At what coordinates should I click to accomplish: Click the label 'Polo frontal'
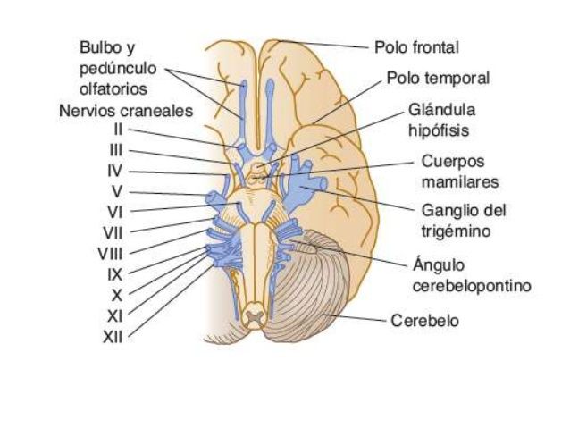click(x=416, y=47)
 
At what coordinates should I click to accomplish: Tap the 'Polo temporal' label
click(x=438, y=78)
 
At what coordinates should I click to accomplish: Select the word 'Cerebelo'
click(x=424, y=321)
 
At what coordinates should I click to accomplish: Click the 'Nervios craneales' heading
click(x=126, y=111)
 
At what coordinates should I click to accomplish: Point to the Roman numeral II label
click(x=118, y=130)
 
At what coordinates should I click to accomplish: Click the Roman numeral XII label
click(x=113, y=338)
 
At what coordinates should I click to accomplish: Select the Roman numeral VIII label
click(x=110, y=254)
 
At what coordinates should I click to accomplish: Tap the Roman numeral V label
click(x=117, y=191)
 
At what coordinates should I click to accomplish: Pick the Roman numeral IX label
click(x=115, y=274)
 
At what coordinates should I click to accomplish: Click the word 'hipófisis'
click(x=439, y=131)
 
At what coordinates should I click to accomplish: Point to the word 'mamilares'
click(x=460, y=181)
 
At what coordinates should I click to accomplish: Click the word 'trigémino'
click(x=456, y=231)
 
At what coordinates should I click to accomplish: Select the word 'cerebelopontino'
click(x=473, y=286)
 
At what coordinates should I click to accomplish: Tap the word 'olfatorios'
click(x=113, y=89)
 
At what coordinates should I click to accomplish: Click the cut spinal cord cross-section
click(x=256, y=317)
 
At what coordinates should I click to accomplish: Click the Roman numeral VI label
click(x=115, y=213)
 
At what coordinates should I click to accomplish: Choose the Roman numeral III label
click(x=116, y=150)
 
